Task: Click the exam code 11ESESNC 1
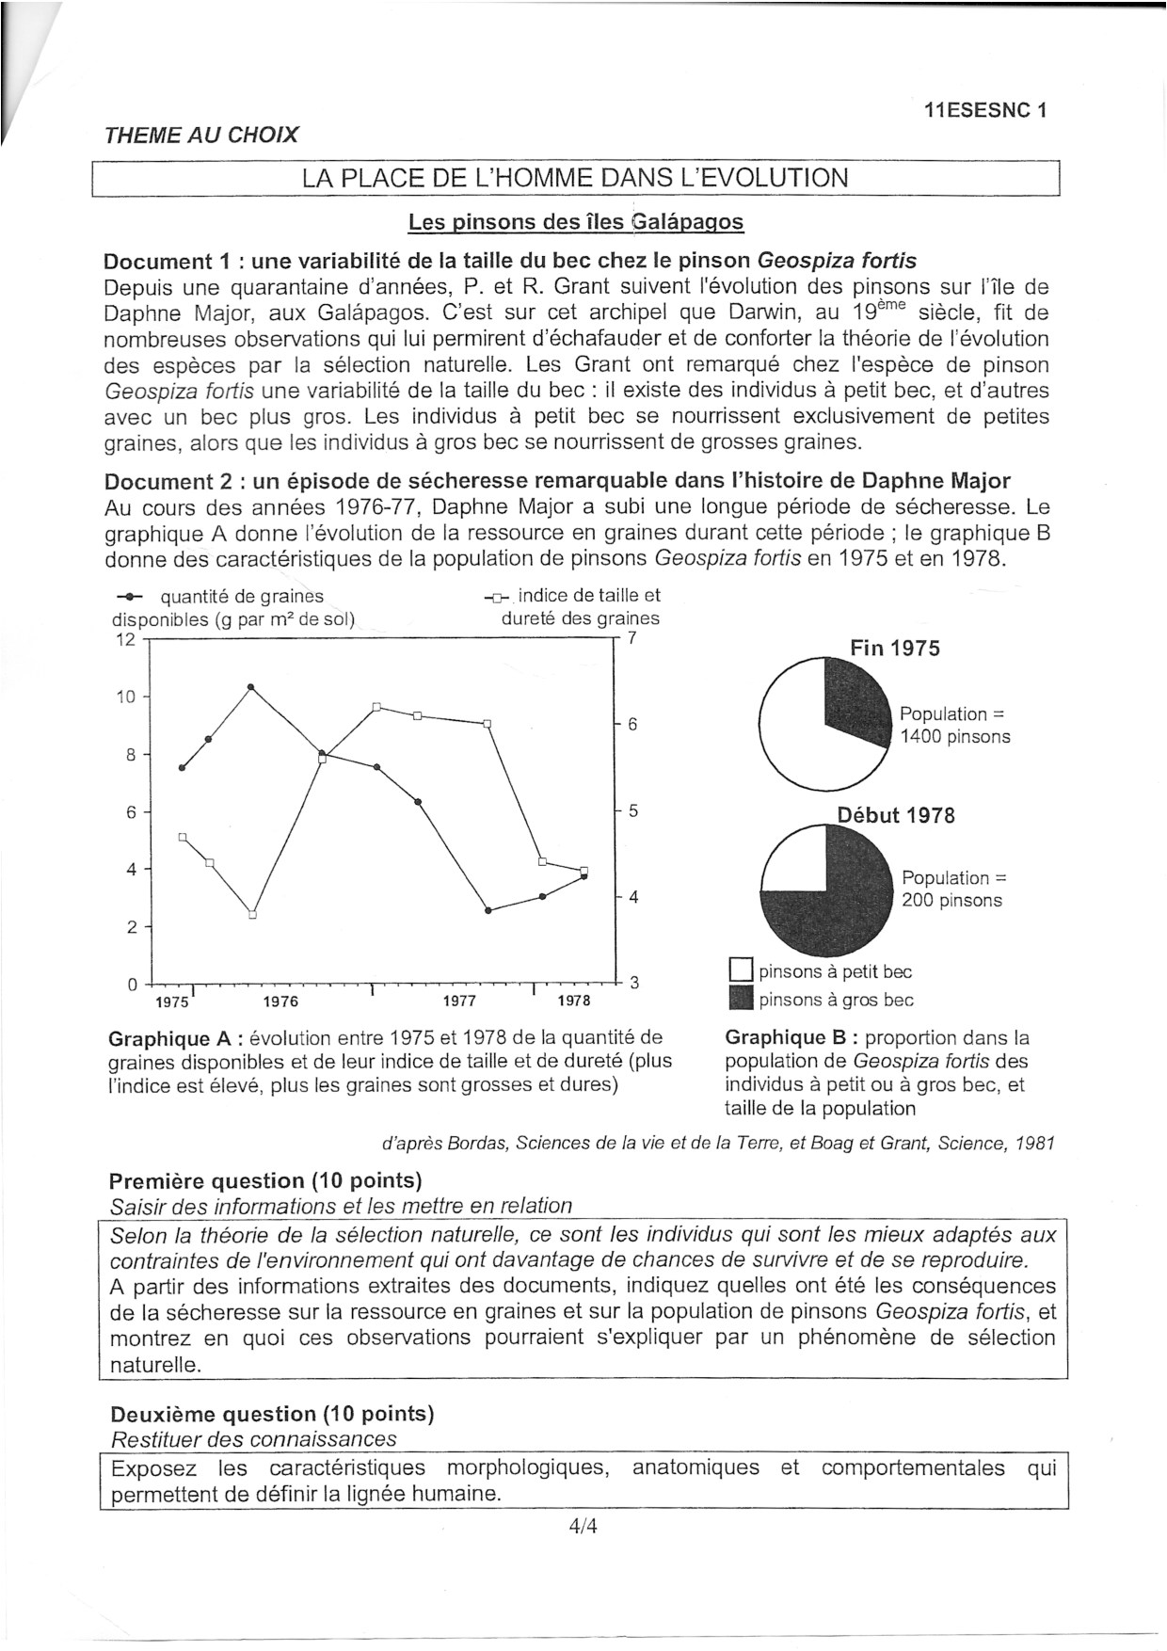tap(985, 110)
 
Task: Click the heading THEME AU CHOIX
tap(201, 135)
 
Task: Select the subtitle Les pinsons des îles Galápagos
tap(575, 222)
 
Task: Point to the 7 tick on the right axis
tap(633, 637)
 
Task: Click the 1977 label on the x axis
tap(459, 1001)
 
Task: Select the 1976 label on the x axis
tap(280, 1001)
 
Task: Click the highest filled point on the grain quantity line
tap(251, 687)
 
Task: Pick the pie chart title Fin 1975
tap(894, 649)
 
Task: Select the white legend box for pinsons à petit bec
tap(742, 970)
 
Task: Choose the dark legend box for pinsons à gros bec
tap(742, 999)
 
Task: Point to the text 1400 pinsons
tap(954, 737)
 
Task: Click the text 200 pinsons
tap(951, 901)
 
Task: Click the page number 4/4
tap(583, 1527)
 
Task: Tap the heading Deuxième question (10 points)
tap(272, 1414)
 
